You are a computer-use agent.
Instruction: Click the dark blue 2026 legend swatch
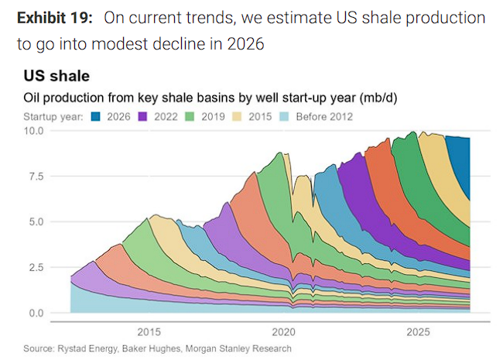(97, 117)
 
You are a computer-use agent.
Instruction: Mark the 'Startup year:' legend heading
(52, 117)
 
